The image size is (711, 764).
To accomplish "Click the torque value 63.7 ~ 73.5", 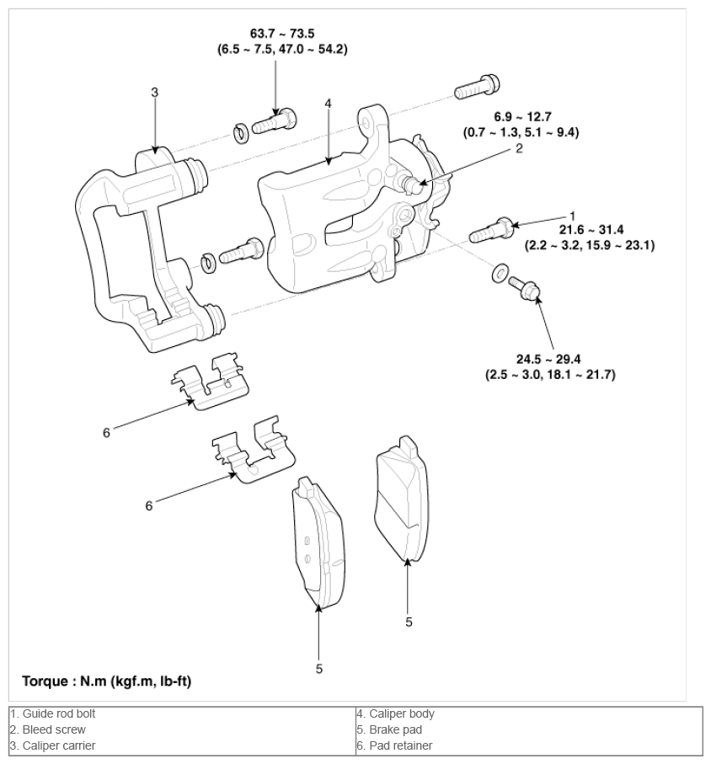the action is coord(282,34).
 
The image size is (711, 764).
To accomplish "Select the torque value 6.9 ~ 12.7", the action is coord(522,117).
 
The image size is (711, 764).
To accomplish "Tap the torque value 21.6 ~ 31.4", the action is coord(591,229).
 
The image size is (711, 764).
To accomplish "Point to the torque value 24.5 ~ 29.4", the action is coord(548,359).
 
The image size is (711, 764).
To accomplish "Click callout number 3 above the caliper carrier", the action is coord(154,93).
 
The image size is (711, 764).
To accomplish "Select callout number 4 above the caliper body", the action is coord(328,104).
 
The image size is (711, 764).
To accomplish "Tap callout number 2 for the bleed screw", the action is coord(519,148).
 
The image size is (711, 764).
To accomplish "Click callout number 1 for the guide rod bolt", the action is coord(573,216).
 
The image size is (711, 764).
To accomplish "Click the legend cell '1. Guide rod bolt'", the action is coord(182,713).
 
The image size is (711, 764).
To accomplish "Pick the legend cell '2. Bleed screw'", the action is coord(182,730).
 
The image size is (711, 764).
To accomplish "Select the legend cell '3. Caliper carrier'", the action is coord(182,746).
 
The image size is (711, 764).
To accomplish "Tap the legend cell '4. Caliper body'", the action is coord(529,713).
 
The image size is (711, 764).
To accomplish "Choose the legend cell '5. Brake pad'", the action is coord(529,730).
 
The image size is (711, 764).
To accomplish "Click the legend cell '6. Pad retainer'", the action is coord(529,746).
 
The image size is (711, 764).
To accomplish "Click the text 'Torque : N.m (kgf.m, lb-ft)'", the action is coord(107,681).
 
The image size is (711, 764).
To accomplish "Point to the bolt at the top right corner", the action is coord(477,87).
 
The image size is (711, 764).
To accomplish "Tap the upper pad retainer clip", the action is coord(211,382).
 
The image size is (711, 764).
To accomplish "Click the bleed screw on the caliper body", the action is coord(409,183).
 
